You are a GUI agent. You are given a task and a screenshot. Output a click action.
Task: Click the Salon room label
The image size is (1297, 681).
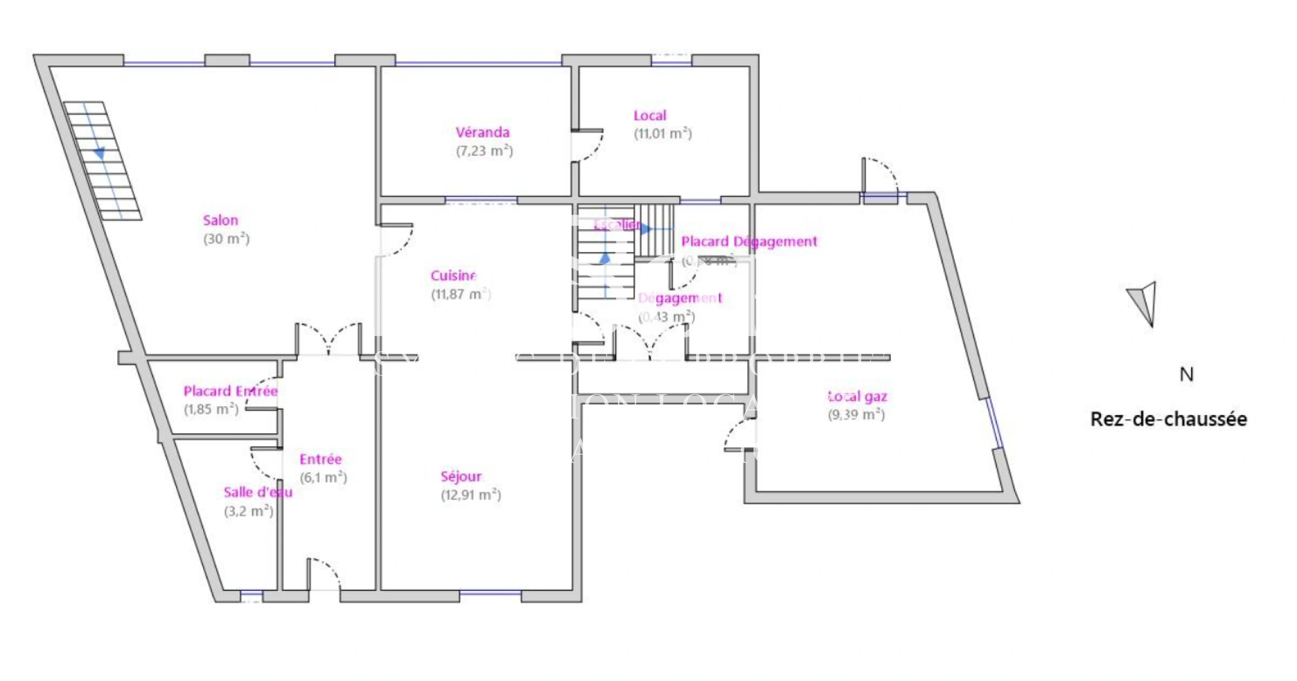pos(220,220)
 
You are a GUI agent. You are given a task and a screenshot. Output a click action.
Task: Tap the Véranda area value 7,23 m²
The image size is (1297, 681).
pos(484,151)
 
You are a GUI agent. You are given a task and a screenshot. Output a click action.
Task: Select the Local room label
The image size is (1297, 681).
pos(649,115)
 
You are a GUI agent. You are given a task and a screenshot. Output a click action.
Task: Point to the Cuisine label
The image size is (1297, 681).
pos(453,276)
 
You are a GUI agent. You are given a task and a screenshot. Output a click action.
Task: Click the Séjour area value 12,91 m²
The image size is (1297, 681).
pos(470,494)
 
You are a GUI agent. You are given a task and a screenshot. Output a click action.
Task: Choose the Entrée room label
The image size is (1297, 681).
pos(320,459)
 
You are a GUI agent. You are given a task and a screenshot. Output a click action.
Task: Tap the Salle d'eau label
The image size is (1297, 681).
pos(258,492)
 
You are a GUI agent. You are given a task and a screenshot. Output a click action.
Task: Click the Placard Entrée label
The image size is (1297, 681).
pos(230,391)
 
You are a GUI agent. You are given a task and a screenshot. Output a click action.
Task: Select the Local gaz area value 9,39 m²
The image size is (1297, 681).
pos(856,414)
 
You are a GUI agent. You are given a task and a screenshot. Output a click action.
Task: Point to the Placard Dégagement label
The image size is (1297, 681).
pos(748,241)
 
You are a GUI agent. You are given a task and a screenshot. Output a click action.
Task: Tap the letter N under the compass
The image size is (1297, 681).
pos(1186,375)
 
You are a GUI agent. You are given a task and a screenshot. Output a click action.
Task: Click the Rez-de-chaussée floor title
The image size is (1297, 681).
pos(1168,419)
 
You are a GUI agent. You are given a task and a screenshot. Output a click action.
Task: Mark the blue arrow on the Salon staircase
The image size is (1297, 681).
pos(99,153)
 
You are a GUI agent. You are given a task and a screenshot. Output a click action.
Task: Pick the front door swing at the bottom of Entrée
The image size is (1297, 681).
pos(323,574)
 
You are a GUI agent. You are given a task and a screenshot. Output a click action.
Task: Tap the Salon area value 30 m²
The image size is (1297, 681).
pos(226,239)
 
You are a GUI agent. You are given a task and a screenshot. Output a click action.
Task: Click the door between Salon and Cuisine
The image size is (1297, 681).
pos(396,240)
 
